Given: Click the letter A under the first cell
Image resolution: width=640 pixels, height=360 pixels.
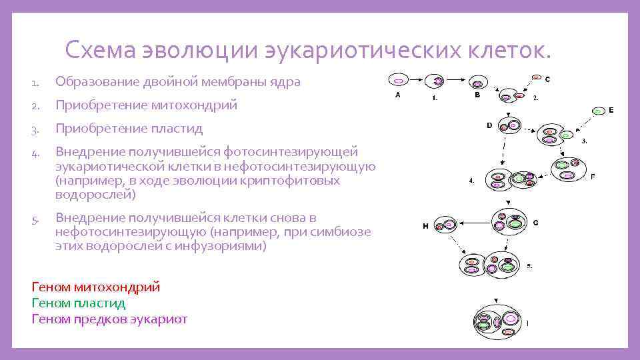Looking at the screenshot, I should click(x=398, y=95).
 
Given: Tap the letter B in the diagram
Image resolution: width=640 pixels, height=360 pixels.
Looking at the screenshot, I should click(x=477, y=95).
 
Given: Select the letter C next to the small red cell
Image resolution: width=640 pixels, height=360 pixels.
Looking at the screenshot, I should click(x=547, y=79).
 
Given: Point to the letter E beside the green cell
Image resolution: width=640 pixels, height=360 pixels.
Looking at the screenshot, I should click(x=611, y=111).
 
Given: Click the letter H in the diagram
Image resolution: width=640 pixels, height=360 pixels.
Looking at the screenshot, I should click(x=425, y=227).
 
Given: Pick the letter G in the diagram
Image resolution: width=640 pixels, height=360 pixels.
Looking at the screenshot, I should click(x=536, y=223).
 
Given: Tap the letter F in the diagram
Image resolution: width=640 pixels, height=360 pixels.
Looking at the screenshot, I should click(x=593, y=177).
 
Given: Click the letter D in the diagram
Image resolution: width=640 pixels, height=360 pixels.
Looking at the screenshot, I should click(x=489, y=125).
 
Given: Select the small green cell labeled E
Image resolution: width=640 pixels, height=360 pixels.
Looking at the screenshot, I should click(x=599, y=111).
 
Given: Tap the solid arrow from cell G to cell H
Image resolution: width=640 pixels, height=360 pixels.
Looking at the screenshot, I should click(x=475, y=223).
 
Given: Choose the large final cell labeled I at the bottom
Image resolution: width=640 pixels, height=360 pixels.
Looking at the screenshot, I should click(x=499, y=324).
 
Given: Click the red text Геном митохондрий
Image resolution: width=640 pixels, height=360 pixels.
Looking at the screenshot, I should click(x=96, y=287).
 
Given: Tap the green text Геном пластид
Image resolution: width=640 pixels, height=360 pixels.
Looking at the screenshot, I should click(x=79, y=303).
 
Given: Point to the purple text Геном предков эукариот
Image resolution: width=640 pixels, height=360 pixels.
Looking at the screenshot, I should click(x=109, y=319).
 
